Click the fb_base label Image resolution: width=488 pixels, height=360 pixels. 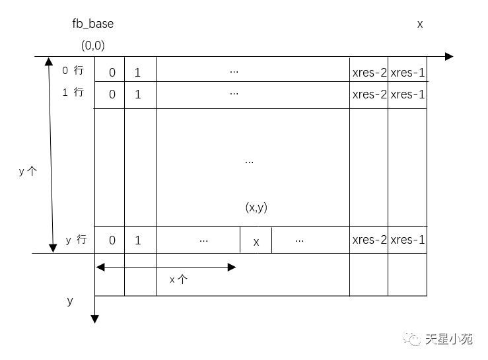(92, 24)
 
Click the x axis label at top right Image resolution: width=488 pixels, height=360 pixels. (419, 24)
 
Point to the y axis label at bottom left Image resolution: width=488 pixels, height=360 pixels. (70, 301)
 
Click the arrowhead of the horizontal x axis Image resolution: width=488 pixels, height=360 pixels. (449, 56)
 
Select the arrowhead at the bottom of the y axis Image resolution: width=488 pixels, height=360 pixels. (95, 319)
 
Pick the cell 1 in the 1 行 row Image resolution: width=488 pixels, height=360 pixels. (137, 94)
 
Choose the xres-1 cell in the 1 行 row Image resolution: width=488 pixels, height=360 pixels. (407, 94)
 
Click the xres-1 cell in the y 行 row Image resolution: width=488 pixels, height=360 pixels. (407, 240)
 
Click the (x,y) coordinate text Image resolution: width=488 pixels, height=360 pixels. (256, 207)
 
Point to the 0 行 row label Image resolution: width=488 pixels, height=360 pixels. (73, 71)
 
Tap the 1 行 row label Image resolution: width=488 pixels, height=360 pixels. (73, 92)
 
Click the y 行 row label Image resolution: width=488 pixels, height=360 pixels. (76, 240)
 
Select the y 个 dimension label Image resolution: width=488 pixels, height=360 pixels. (28, 171)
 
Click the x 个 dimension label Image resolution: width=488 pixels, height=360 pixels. (178, 279)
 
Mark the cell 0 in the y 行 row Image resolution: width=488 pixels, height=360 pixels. (112, 240)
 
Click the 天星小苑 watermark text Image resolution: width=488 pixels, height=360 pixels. (449, 339)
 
